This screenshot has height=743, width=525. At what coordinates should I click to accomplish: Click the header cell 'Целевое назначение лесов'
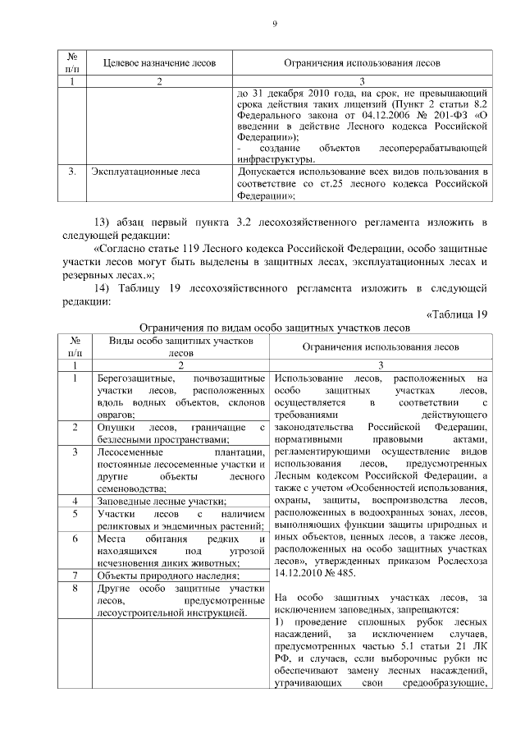[159, 63]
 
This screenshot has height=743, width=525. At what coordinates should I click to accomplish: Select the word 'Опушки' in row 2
[115, 427]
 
